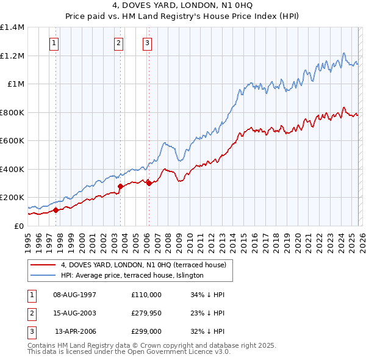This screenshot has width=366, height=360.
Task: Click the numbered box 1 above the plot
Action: coord(55,43)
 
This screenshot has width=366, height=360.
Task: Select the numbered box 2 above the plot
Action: coord(118,43)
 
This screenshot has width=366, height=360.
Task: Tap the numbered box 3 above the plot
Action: coord(148,43)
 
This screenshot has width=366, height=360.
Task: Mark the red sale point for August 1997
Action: coord(56,210)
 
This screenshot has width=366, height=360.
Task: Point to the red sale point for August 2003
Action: coord(120,186)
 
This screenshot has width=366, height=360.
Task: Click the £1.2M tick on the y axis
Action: coord(12,56)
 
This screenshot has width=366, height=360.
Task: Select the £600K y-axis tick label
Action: coord(12,141)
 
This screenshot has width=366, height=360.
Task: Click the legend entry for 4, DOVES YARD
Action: coord(143,265)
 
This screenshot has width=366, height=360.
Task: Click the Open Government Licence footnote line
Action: coord(129,352)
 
